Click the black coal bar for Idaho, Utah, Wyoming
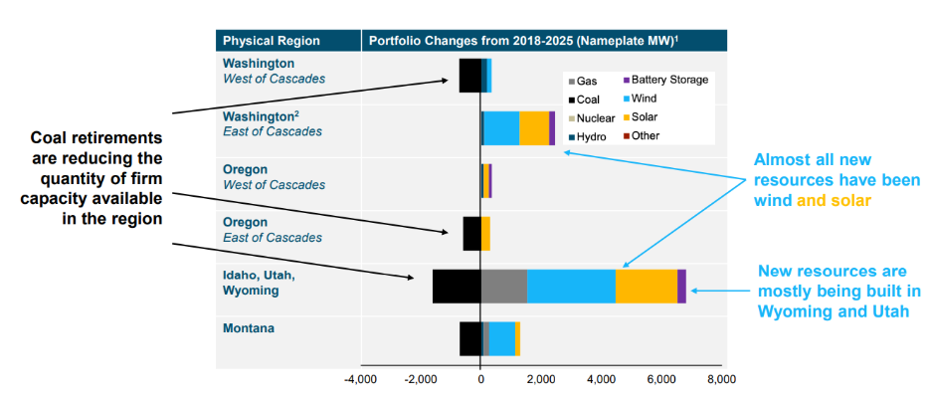457,286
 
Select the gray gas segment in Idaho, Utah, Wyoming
503,286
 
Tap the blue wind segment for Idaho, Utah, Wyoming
571,286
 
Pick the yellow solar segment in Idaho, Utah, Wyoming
647,286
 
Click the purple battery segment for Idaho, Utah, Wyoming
681,286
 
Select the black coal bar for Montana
470,338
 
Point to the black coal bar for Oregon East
471,233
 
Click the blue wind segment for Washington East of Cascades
501,128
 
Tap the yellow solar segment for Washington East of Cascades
534,128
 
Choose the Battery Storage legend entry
663,80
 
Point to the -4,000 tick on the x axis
360,379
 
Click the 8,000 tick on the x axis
721,379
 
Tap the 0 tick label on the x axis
480,379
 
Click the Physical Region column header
272,41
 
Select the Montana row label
249,328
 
